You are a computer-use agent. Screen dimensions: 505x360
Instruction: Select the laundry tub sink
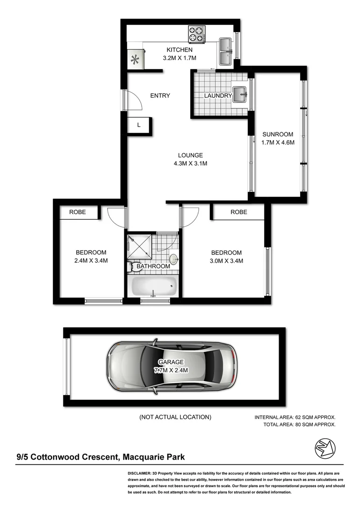pos(240,94)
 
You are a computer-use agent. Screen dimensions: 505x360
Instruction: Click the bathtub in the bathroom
pos(153,285)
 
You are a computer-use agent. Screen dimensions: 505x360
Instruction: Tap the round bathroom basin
pos(173,259)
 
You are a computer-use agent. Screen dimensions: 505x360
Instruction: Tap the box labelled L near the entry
pos(138,125)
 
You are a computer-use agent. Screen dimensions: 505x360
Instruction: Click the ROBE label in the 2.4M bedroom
pos(78,212)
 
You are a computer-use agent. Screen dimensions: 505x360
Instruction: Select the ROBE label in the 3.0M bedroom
pos(238,212)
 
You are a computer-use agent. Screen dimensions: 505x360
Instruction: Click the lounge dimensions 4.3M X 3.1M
pos(190,164)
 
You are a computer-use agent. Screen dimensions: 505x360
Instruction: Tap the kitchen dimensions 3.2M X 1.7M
pos(180,58)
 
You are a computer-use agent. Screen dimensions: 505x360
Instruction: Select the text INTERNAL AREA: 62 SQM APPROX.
pos(295,417)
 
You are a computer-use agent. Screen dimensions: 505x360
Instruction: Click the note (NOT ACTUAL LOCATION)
pos(175,417)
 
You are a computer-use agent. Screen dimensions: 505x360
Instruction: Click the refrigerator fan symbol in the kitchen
pos(135,59)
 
